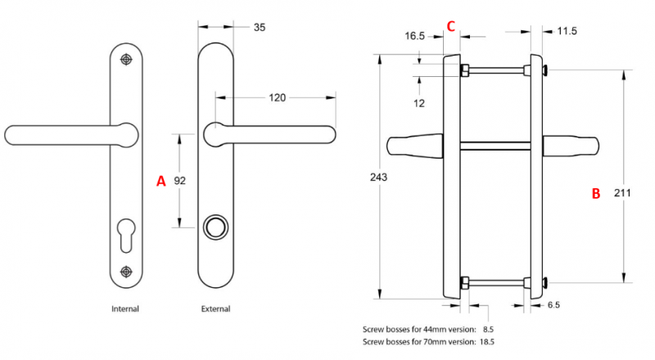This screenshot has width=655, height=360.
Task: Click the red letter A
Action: coord(160,182)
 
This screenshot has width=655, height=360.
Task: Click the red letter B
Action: coord(596,194)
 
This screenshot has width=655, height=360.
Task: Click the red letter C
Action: coord(450,25)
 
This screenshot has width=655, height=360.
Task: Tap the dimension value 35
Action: coord(260,27)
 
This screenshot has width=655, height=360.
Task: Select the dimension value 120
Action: coord(277,98)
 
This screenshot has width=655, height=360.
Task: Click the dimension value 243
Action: coord(378,178)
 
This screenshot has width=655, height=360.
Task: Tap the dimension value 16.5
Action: coord(415,36)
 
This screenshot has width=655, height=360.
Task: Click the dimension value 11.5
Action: coord(567,31)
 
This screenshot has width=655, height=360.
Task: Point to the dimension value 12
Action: coord(419,104)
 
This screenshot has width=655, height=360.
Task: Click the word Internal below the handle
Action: coord(125,309)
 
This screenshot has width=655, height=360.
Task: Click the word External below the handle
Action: coord(215,309)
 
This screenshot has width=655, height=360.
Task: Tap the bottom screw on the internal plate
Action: coord(125,272)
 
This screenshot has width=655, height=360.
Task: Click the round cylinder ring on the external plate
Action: coord(215,227)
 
